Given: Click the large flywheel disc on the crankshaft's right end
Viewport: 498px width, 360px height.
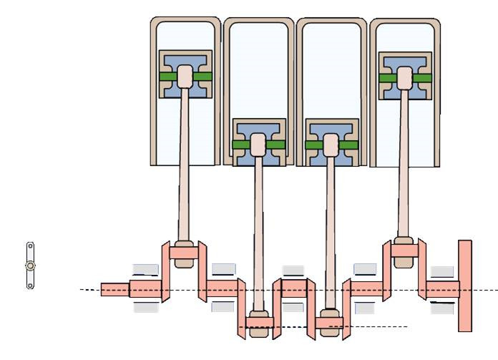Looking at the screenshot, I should coord(465,286).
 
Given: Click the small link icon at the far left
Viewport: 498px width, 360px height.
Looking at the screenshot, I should coord(30,266).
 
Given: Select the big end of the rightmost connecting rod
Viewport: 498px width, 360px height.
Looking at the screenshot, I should coord(404,250).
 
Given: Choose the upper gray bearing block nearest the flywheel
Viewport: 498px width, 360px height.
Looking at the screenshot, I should coord(442,271).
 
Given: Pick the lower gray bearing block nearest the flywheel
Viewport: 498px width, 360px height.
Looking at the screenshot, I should coord(442,308).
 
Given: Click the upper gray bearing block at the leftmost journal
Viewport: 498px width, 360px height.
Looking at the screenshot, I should coord(145,270).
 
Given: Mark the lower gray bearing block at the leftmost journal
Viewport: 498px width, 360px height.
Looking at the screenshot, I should coord(145,308).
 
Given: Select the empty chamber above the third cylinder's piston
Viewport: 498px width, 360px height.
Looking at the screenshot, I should coord(331,72).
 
